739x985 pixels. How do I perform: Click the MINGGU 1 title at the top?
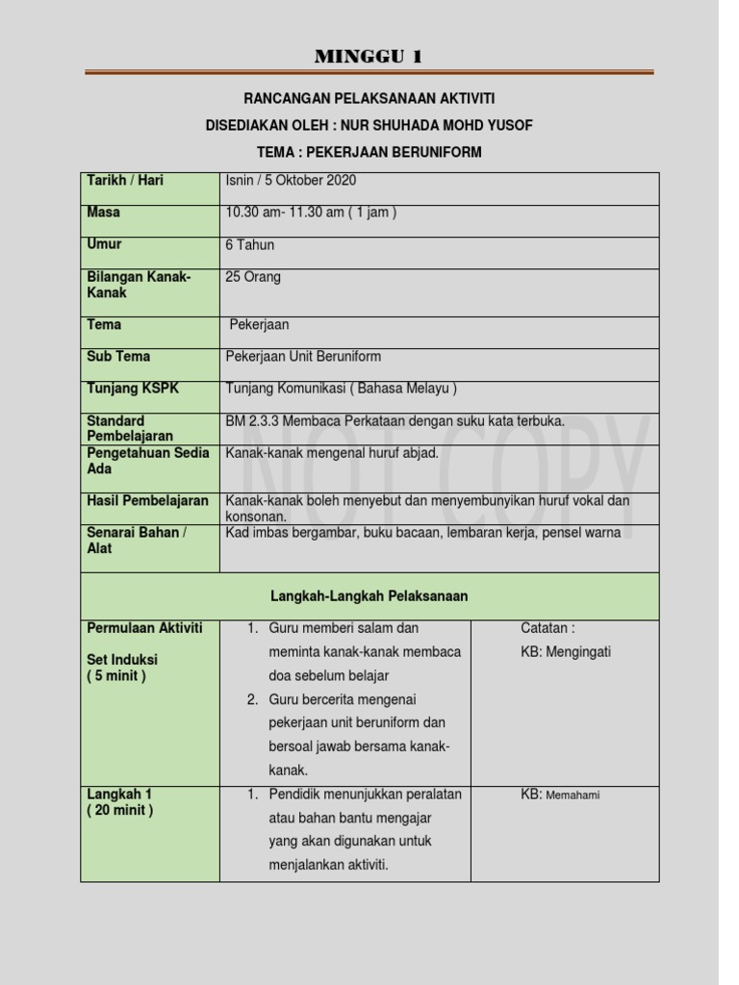point(369,58)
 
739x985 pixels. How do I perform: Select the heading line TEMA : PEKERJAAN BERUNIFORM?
point(369,153)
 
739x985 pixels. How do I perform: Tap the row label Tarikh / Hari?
point(125,181)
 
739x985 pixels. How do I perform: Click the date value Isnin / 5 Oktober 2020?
point(291,181)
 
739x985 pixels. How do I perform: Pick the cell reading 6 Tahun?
point(250,245)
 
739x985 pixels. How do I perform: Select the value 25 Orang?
point(253,277)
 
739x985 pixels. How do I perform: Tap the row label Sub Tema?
point(118,356)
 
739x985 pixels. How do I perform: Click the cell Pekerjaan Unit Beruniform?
point(303,356)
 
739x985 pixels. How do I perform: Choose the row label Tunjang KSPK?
point(133,389)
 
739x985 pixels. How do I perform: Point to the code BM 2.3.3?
point(252,421)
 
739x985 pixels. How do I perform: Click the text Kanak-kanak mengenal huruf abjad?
point(332,453)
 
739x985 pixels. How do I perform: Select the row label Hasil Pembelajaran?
point(147,501)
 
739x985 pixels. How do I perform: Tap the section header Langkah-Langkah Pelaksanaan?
point(369,596)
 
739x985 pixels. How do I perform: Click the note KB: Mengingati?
point(566,652)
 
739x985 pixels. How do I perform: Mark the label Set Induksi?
point(122,660)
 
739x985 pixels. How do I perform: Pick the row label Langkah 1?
point(119,795)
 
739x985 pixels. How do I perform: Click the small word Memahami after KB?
point(573,796)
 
